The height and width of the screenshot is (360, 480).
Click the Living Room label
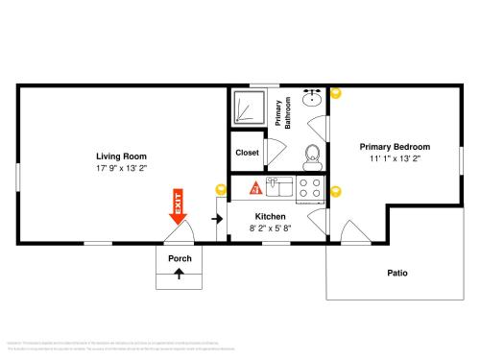click(121, 156)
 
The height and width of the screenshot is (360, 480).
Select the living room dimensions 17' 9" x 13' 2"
click(121, 167)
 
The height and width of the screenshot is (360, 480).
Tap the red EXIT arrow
click(178, 207)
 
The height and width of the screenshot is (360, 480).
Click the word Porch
click(180, 258)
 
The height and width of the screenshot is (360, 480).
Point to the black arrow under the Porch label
click(180, 274)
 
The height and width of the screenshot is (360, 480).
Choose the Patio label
click(397, 273)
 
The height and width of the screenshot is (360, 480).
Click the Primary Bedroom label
click(395, 146)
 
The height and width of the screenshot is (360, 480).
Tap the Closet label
click(247, 152)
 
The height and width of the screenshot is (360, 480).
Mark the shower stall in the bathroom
click(247, 109)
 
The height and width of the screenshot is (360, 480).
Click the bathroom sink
click(312, 99)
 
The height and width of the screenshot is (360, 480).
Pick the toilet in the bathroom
click(312, 155)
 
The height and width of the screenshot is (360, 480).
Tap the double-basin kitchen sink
click(278, 187)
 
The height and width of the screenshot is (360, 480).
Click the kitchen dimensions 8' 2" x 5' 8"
click(270, 228)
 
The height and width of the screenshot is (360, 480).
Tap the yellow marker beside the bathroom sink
click(335, 93)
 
